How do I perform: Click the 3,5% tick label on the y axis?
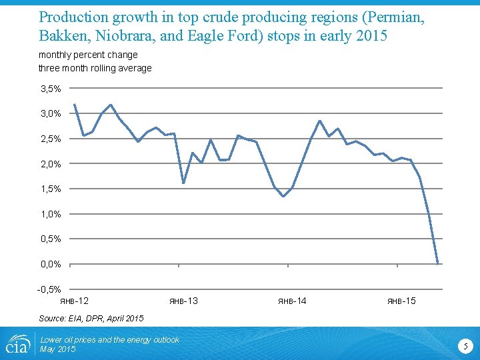pos(51,89)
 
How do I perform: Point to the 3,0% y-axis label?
pos(51,114)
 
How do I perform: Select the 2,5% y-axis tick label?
pos(51,139)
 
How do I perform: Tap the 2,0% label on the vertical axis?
pos(51,164)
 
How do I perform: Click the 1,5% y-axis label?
pos(51,189)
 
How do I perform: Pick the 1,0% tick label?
pos(51,214)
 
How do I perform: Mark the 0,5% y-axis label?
pos(51,239)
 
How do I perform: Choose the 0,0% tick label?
pos(51,264)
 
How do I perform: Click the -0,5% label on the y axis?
pos(49,289)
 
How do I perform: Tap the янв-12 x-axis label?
pos(74,301)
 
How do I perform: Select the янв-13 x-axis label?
pos(183,301)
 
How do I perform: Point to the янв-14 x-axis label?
pos(292,301)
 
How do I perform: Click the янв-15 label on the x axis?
pos(401,301)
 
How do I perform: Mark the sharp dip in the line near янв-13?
pos(183,183)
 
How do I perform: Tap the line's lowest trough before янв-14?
pos(283,197)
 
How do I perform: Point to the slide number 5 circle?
pos(466,345)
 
